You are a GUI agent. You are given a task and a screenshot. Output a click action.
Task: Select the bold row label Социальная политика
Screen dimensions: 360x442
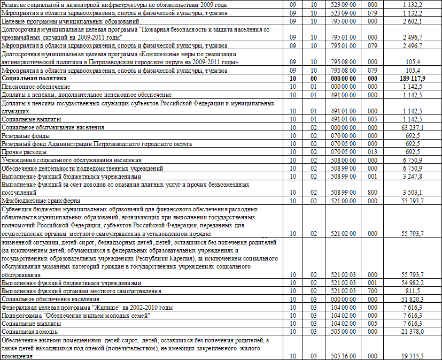tap(30, 78)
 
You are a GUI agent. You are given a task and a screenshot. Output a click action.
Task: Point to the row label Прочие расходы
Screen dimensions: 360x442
tap(24, 152)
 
